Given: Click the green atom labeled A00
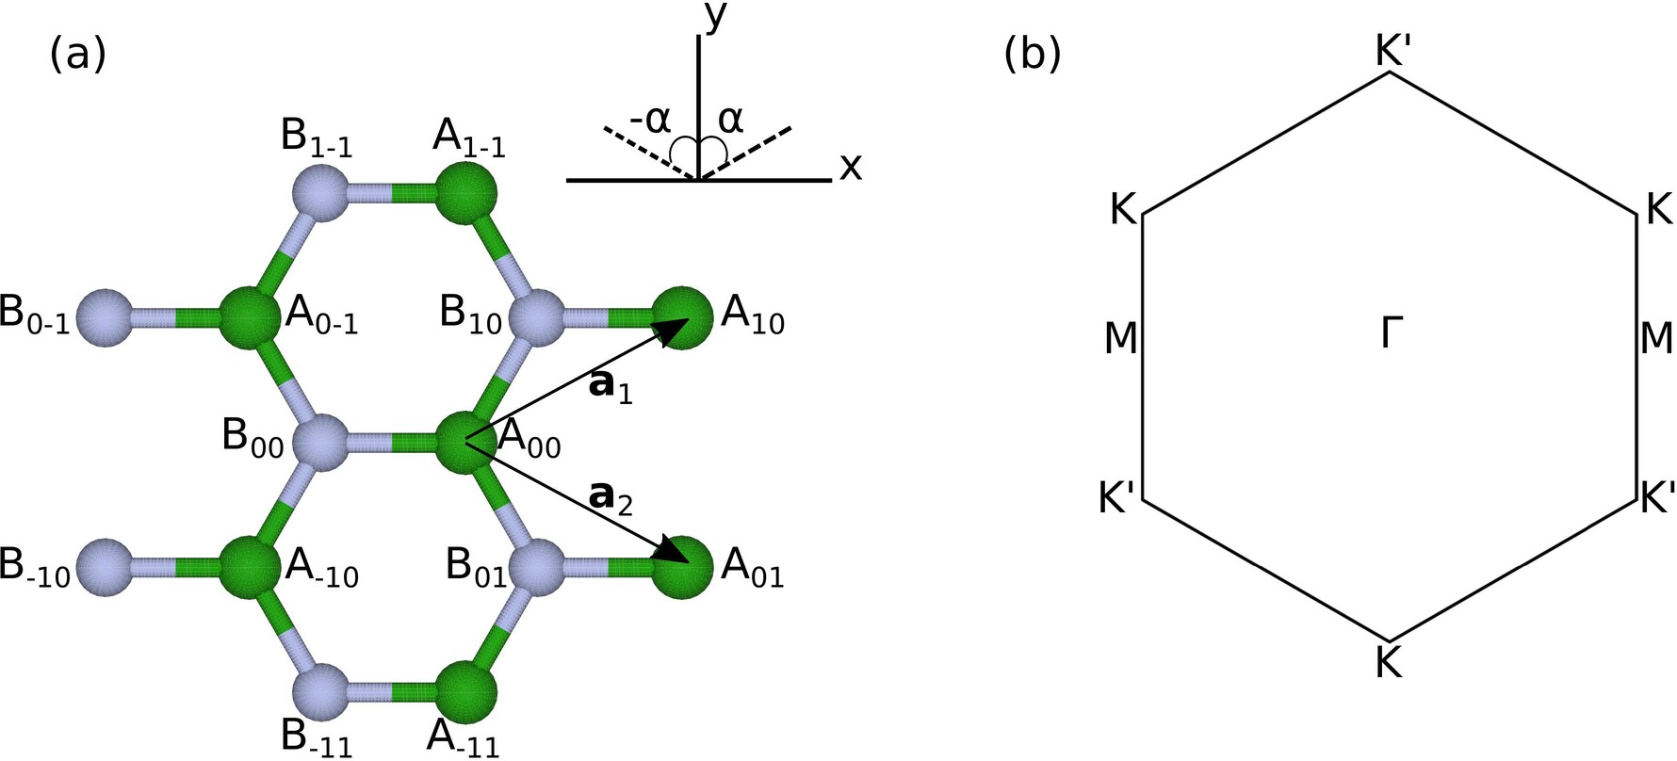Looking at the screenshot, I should pyautogui.click(x=466, y=441).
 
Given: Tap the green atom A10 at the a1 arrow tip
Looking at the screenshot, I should pyautogui.click(x=681, y=319).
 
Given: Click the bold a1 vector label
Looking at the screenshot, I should pyautogui.click(x=609, y=386).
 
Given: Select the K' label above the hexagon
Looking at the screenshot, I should pyautogui.click(x=1392, y=54).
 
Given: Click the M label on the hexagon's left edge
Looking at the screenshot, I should pyautogui.click(x=1120, y=338).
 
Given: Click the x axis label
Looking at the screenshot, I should pyautogui.click(x=851, y=168).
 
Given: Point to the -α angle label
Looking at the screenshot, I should pyautogui.click(x=650, y=120).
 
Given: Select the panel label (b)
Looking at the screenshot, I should pyautogui.click(x=1033, y=56).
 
